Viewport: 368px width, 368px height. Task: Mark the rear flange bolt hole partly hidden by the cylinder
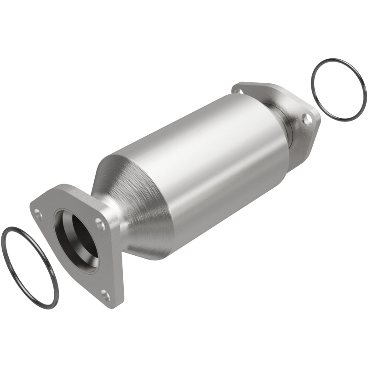click(x=238, y=92)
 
